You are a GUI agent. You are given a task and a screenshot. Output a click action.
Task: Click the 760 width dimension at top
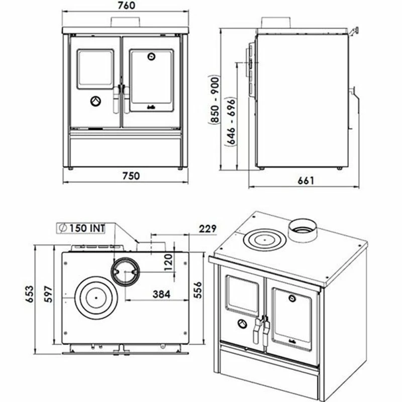click(x=127, y=6)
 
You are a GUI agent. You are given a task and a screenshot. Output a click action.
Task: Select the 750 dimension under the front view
click(x=131, y=176)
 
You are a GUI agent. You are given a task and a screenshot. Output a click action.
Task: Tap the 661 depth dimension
click(x=306, y=181)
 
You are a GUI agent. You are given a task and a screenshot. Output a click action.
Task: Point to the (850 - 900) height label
click(x=215, y=99)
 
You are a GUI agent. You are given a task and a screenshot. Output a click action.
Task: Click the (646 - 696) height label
click(x=231, y=122)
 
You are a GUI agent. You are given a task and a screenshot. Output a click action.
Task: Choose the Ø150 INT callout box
click(x=81, y=228)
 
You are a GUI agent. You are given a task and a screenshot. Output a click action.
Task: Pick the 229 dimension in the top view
click(x=208, y=229)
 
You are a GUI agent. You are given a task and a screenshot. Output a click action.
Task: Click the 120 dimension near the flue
click(x=168, y=262)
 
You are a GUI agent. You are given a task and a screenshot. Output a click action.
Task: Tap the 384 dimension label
click(x=161, y=294)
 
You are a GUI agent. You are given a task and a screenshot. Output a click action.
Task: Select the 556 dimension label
click(x=197, y=290)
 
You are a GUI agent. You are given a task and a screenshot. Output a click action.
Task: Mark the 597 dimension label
click(x=48, y=294)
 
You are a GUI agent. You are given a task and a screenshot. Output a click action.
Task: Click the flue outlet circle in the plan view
click(x=125, y=272)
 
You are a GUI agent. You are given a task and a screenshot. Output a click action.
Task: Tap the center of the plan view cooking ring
click(x=96, y=298)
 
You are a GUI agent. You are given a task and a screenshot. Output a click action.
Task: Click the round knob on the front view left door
click(x=95, y=102)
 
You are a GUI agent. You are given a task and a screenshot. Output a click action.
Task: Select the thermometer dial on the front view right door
click(x=152, y=56)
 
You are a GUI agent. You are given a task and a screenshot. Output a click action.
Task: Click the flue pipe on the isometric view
click(x=303, y=230)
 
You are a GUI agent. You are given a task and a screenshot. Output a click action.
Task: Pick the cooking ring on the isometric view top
click(x=265, y=240)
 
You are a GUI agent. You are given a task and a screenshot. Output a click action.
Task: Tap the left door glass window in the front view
click(x=95, y=69)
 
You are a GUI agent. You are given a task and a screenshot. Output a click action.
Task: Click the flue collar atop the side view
click(x=275, y=23)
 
